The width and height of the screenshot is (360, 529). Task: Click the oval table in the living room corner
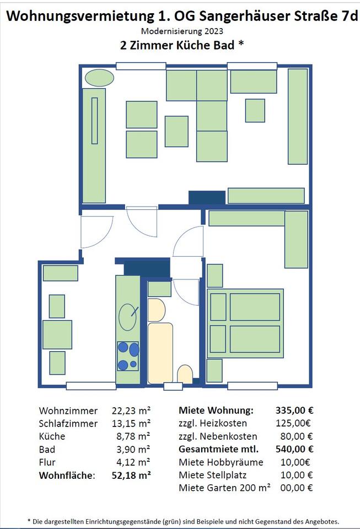pyautogui.click(x=99, y=78)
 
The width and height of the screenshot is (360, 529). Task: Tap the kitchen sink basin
pyautogui.click(x=127, y=317)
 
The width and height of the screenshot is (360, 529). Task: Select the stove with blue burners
pyautogui.click(x=128, y=357)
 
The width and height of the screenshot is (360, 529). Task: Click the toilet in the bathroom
pyautogui.click(x=185, y=374)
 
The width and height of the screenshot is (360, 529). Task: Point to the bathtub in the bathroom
pyautogui.click(x=160, y=353)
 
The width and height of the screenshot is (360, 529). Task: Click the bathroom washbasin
pyautogui.click(x=157, y=310)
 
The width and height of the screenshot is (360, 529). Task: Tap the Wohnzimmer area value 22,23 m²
pyautogui.click(x=131, y=411)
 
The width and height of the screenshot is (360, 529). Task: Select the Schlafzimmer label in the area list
pyautogui.click(x=68, y=423)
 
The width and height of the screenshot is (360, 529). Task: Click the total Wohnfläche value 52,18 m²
pyautogui.click(x=131, y=476)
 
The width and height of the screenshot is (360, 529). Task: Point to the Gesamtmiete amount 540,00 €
pyautogui.click(x=294, y=449)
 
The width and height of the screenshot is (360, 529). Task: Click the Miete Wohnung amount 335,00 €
pyautogui.click(x=294, y=410)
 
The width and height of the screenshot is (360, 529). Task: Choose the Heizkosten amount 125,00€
pyautogui.click(x=293, y=423)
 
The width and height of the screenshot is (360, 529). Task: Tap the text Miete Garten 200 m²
pyautogui.click(x=225, y=488)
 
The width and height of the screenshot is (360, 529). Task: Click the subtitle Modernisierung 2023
pyautogui.click(x=182, y=31)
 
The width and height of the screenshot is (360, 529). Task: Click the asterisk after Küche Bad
pyautogui.click(x=241, y=44)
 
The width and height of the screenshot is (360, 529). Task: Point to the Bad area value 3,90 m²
pyautogui.click(x=133, y=450)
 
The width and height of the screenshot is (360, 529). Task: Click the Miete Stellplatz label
pyautogui.click(x=213, y=475)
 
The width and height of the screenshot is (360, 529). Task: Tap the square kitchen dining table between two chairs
pyautogui.click(x=57, y=334)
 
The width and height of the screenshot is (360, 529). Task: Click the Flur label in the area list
pyautogui.click(x=47, y=462)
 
